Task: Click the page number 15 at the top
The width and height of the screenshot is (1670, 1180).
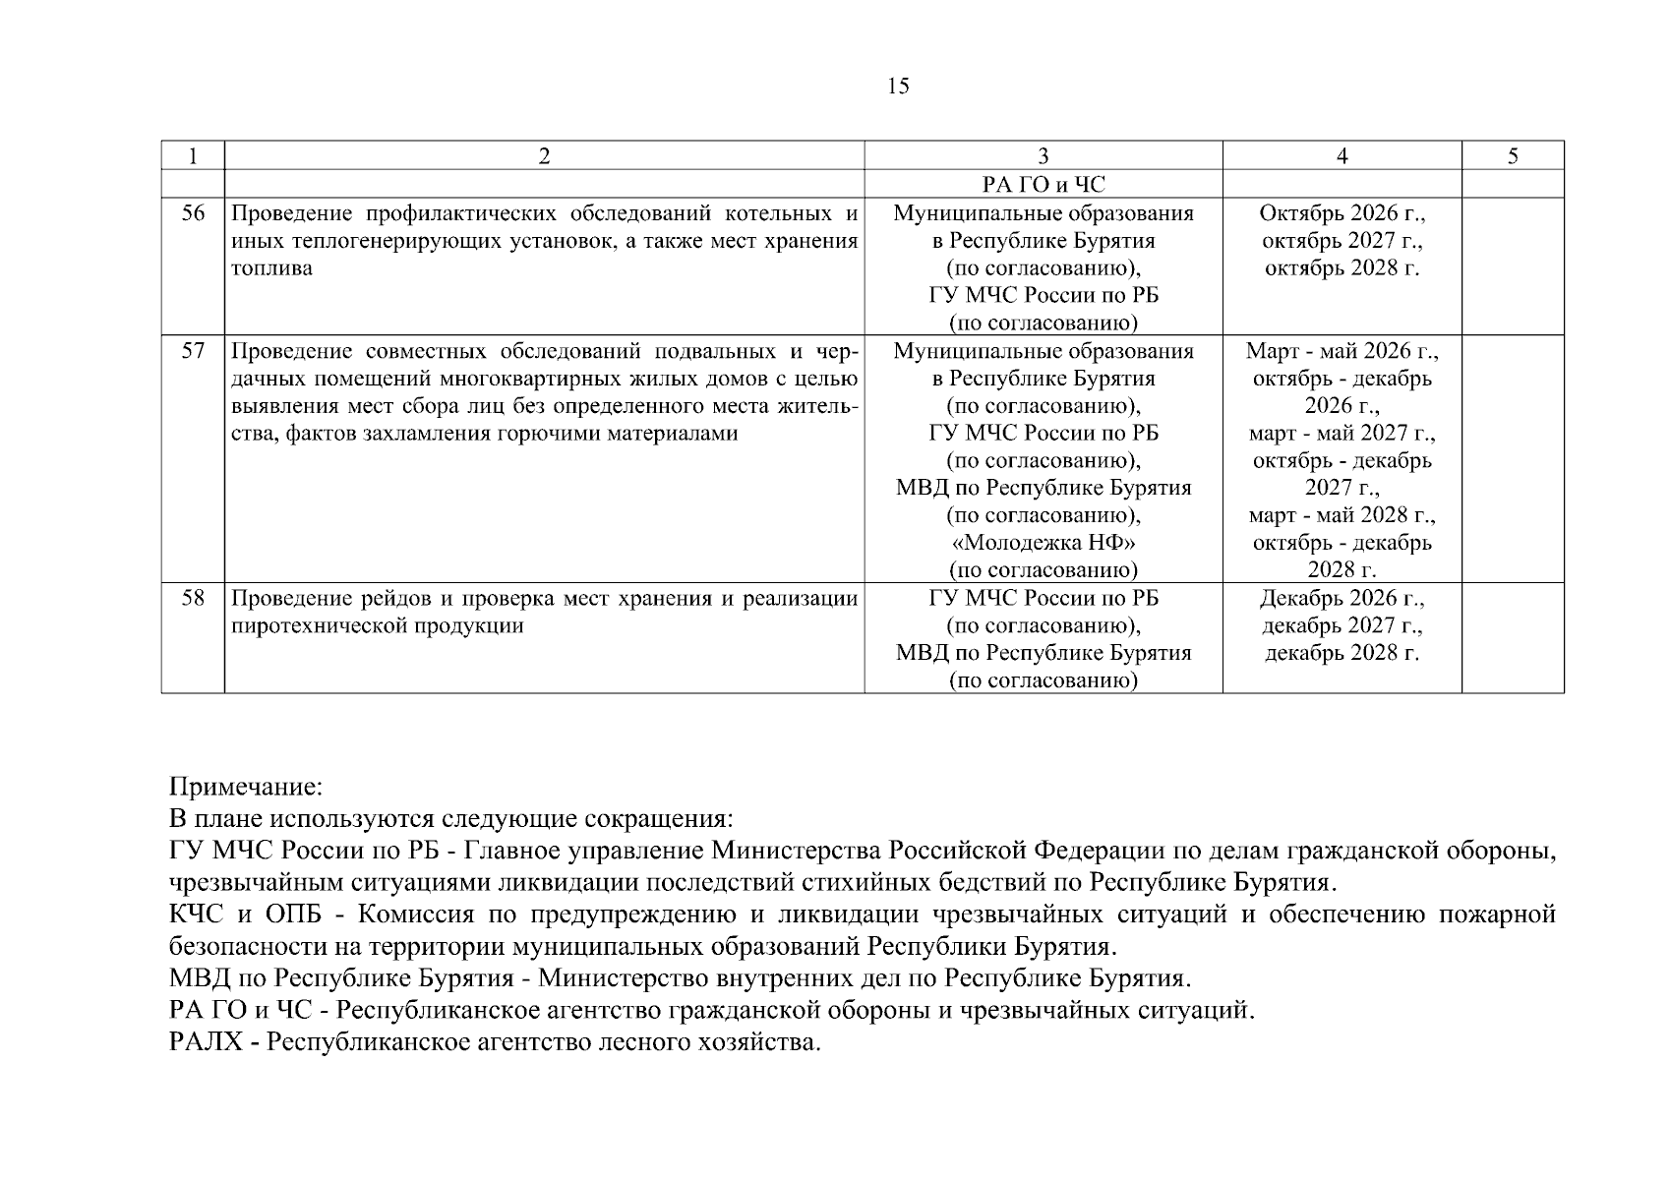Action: coord(898,87)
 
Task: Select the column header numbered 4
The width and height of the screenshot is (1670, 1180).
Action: coord(1342,155)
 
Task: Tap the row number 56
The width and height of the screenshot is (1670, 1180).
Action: coord(193,213)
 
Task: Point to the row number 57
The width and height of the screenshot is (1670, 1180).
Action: coord(193,351)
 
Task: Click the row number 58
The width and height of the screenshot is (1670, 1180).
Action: coord(193,598)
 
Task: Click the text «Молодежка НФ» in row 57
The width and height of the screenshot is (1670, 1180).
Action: coord(1043,543)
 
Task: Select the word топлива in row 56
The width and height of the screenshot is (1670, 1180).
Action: coord(271,268)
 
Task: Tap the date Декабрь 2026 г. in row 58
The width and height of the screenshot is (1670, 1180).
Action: coord(1342,598)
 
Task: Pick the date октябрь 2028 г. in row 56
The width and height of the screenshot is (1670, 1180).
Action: coord(1342,268)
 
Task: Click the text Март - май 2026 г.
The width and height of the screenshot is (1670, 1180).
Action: coord(1342,351)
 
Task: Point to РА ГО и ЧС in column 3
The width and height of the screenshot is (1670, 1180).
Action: coord(1043,184)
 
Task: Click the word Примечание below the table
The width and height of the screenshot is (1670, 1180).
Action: coord(245,788)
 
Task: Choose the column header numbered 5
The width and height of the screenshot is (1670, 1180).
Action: coord(1512,155)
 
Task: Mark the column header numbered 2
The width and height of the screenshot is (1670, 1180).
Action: coord(544,155)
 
